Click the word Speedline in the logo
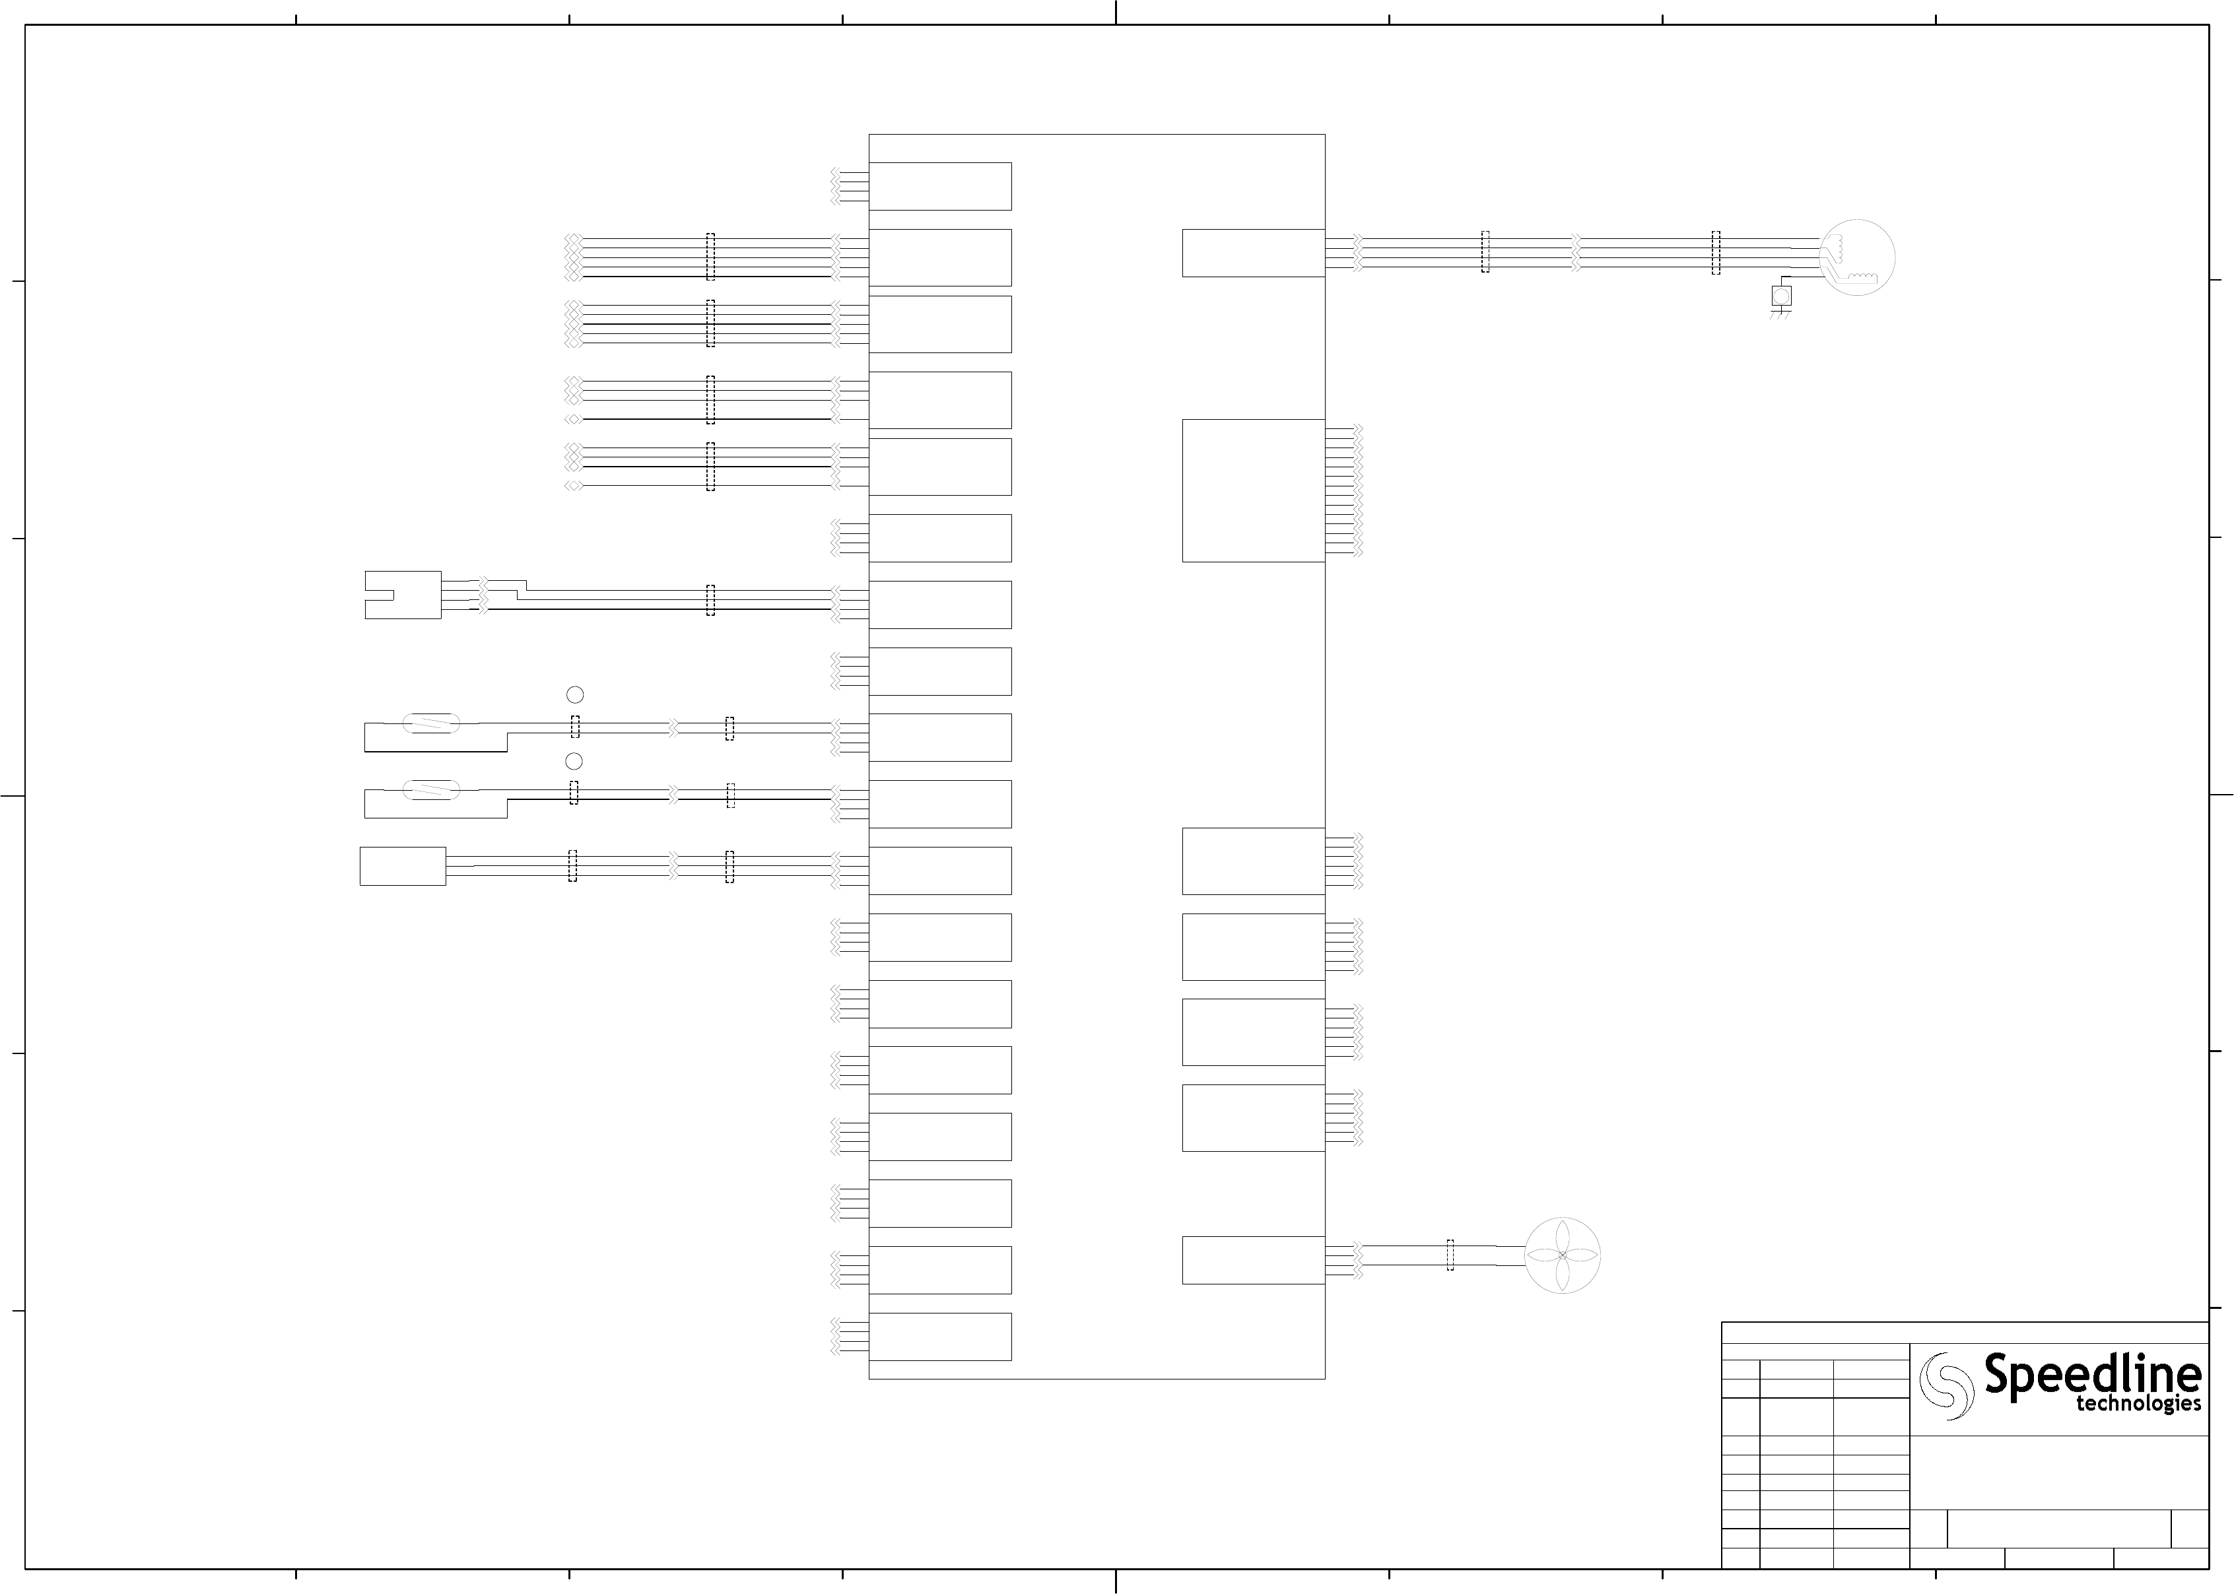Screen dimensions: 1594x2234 (2091, 1374)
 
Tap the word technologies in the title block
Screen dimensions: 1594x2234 (2138, 1405)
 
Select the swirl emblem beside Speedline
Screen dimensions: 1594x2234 (1946, 1385)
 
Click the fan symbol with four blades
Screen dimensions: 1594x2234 (1562, 1255)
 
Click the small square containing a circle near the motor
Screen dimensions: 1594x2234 (1780, 294)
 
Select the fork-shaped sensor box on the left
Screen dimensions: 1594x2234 (403, 595)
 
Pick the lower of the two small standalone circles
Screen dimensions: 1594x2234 (574, 762)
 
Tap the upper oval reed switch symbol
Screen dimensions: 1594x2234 (432, 724)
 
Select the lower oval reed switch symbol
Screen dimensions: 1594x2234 (432, 790)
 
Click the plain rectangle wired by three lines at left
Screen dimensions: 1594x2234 (403, 867)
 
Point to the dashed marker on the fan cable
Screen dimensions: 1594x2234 (1450, 1255)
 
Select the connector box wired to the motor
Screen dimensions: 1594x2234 (1252, 253)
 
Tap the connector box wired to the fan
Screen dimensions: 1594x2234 (1252, 1260)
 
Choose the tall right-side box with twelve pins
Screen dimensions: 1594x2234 (1252, 491)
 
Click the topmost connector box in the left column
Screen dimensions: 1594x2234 (939, 187)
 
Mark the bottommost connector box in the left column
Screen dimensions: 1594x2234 (939, 1337)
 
